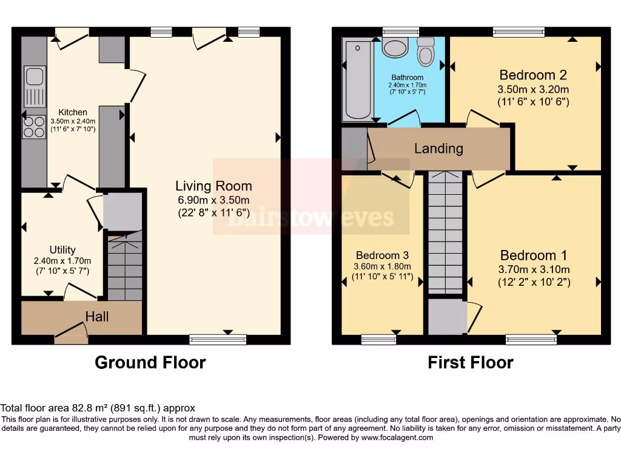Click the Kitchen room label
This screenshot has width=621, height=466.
point(73,112)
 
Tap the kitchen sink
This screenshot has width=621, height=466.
point(35,86)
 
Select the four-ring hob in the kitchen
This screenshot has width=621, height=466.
point(34,127)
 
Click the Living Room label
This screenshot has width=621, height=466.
point(214,186)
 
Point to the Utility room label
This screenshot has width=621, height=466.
point(62,250)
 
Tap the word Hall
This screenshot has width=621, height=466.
point(97,317)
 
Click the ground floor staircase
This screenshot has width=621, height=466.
point(125,266)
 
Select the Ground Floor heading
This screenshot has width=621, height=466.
point(150,363)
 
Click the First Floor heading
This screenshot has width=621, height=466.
point(471,363)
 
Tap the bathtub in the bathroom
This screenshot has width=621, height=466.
point(358,81)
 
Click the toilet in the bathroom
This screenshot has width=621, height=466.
point(426,52)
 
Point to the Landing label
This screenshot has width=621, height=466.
point(439,149)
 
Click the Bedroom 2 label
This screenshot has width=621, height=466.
point(533,75)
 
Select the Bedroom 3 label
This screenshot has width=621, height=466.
point(382,255)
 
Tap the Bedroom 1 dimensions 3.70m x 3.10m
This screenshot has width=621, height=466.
point(534,269)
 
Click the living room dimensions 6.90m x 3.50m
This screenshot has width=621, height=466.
point(214,200)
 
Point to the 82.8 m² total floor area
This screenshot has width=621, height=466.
point(90,408)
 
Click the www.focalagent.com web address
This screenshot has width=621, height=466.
point(397,437)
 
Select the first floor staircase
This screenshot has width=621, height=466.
point(446,232)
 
